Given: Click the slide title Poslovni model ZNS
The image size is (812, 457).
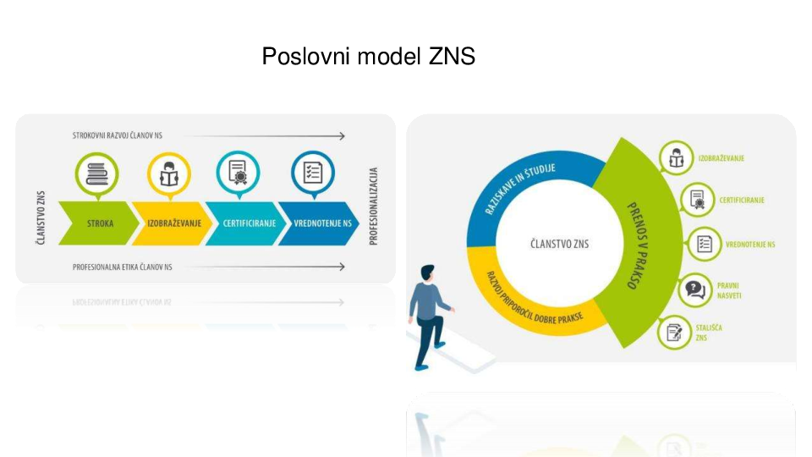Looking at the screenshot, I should coord(368,57).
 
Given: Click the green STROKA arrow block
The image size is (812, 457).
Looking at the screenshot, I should coord(100,224).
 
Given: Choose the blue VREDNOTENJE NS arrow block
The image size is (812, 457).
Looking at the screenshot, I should coord(318,224).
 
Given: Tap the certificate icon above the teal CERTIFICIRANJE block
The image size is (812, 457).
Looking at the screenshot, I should coord(238,173).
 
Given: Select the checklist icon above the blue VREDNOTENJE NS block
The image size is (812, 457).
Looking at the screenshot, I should coord(313,173).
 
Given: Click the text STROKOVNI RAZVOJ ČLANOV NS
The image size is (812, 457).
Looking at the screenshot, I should coord(118,135).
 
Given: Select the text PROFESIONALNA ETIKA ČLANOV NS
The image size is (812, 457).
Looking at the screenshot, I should coord(123,267).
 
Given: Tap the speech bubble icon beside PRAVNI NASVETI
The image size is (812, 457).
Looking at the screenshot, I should coord(694,290).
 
